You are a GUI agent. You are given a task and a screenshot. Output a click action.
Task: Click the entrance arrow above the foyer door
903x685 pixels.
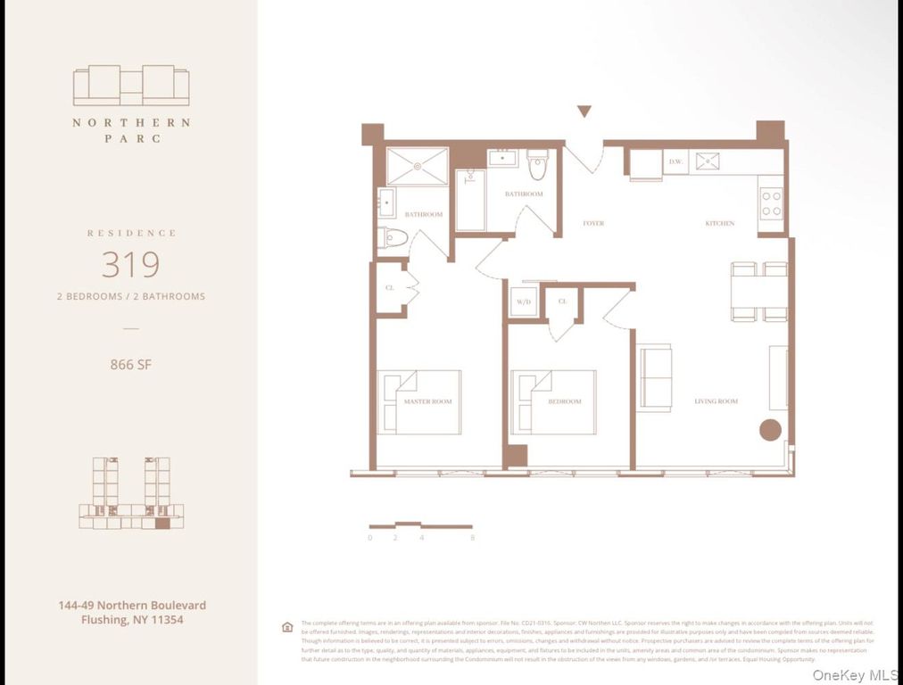[x=584, y=111]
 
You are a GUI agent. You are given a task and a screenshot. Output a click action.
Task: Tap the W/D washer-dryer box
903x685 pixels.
[x=524, y=301]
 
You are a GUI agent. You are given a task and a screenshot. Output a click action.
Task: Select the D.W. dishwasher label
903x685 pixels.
[x=675, y=161]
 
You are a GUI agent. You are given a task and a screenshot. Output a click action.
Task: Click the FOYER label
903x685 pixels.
[x=593, y=223]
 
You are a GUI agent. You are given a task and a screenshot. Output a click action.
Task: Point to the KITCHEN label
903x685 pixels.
[x=719, y=223]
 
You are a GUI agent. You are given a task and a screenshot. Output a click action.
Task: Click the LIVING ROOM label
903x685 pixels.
[x=716, y=401]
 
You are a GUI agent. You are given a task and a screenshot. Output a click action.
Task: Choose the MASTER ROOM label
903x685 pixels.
[x=427, y=401]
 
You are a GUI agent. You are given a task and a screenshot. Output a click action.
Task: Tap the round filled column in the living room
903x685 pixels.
[x=770, y=430]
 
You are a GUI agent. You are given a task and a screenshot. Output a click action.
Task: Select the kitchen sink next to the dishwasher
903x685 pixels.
[x=708, y=161]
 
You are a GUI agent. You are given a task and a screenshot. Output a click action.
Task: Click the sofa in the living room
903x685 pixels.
[x=655, y=377]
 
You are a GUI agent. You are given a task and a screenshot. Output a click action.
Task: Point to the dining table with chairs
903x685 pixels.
[x=759, y=292]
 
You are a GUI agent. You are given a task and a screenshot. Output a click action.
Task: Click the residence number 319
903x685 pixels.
[x=130, y=265]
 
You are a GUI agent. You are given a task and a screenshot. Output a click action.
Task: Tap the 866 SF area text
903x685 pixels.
[x=130, y=364]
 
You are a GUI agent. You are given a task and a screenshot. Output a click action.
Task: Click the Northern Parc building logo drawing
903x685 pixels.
[x=130, y=86]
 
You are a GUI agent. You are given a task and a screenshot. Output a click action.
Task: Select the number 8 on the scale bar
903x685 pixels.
[x=472, y=538]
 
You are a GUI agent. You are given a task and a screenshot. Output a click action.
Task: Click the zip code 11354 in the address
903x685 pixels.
[x=165, y=619]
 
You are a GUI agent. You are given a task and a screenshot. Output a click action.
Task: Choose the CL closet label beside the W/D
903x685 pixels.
[x=562, y=301]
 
